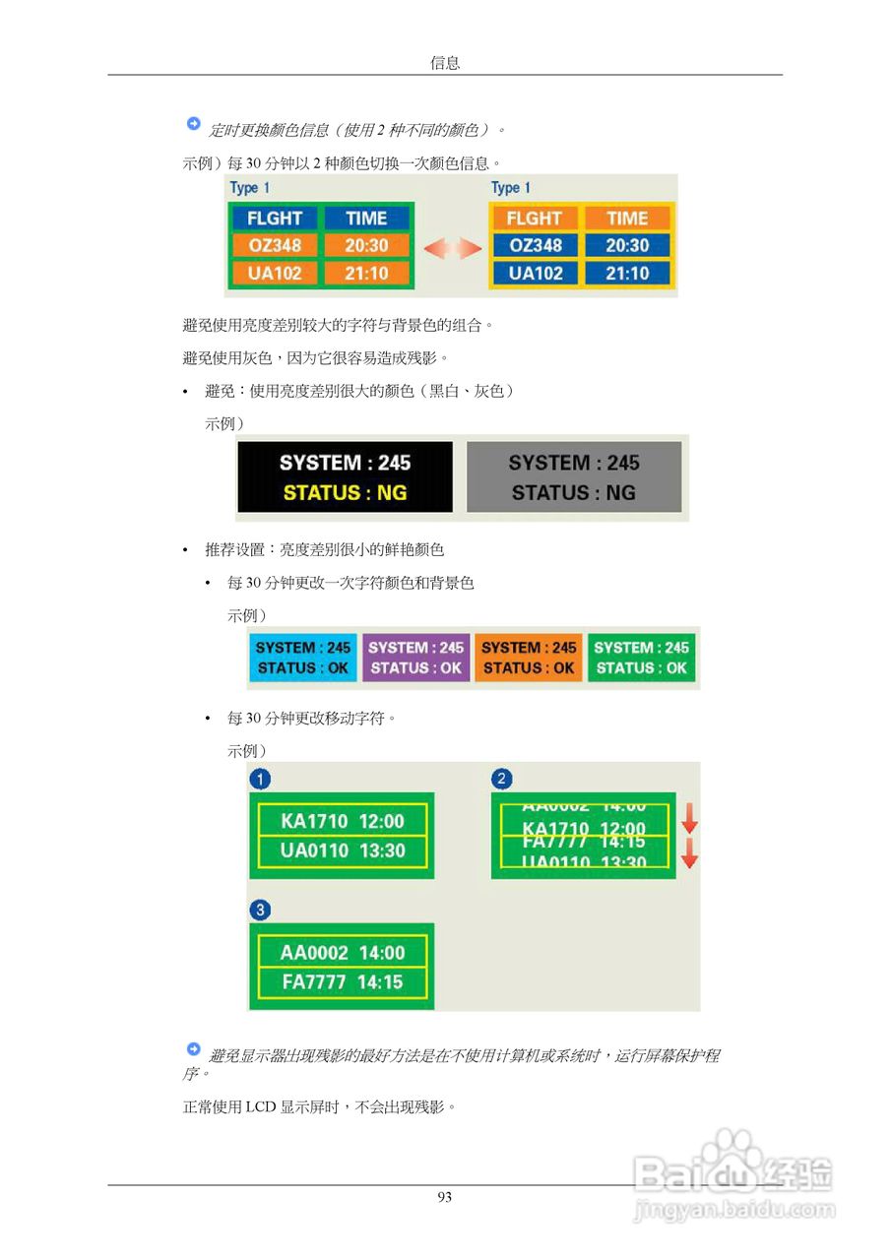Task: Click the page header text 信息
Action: (445, 63)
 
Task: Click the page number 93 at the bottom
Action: (445, 1197)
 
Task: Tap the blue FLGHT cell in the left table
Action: (275, 219)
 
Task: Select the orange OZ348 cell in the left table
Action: (275, 245)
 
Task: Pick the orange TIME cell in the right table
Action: (627, 219)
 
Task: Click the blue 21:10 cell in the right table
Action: (627, 273)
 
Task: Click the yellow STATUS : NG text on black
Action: (345, 492)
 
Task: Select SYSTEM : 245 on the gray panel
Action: (574, 463)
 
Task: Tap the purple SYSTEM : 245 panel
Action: (416, 657)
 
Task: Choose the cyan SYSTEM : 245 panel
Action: (303, 657)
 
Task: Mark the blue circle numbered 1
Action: (260, 780)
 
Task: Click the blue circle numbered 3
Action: (260, 911)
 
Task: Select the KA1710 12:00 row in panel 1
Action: (342, 821)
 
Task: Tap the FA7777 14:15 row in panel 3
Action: (342, 982)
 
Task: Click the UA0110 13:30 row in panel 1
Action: (342, 850)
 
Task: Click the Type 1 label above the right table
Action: (511, 188)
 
